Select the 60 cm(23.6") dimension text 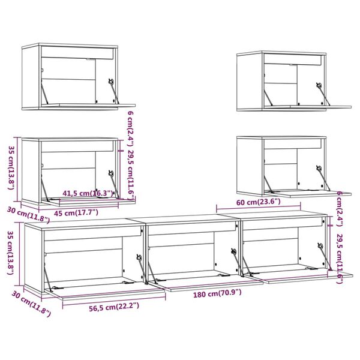258,202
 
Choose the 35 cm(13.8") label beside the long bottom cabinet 10,253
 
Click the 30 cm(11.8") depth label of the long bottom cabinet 30,304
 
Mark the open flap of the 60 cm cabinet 300,193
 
